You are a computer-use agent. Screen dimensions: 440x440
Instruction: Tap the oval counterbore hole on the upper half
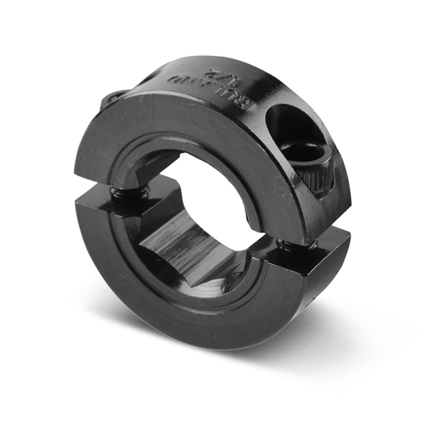(x=296, y=127)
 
